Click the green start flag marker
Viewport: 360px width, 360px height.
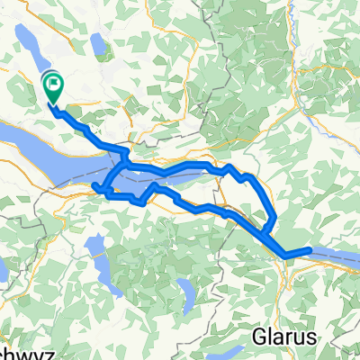pos(53,88)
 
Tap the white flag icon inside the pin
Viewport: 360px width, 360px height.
pos(53,85)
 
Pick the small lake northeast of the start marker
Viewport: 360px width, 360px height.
pos(97,42)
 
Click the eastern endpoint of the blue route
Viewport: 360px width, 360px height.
pos(310,224)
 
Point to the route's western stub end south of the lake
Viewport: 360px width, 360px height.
pos(94,185)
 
